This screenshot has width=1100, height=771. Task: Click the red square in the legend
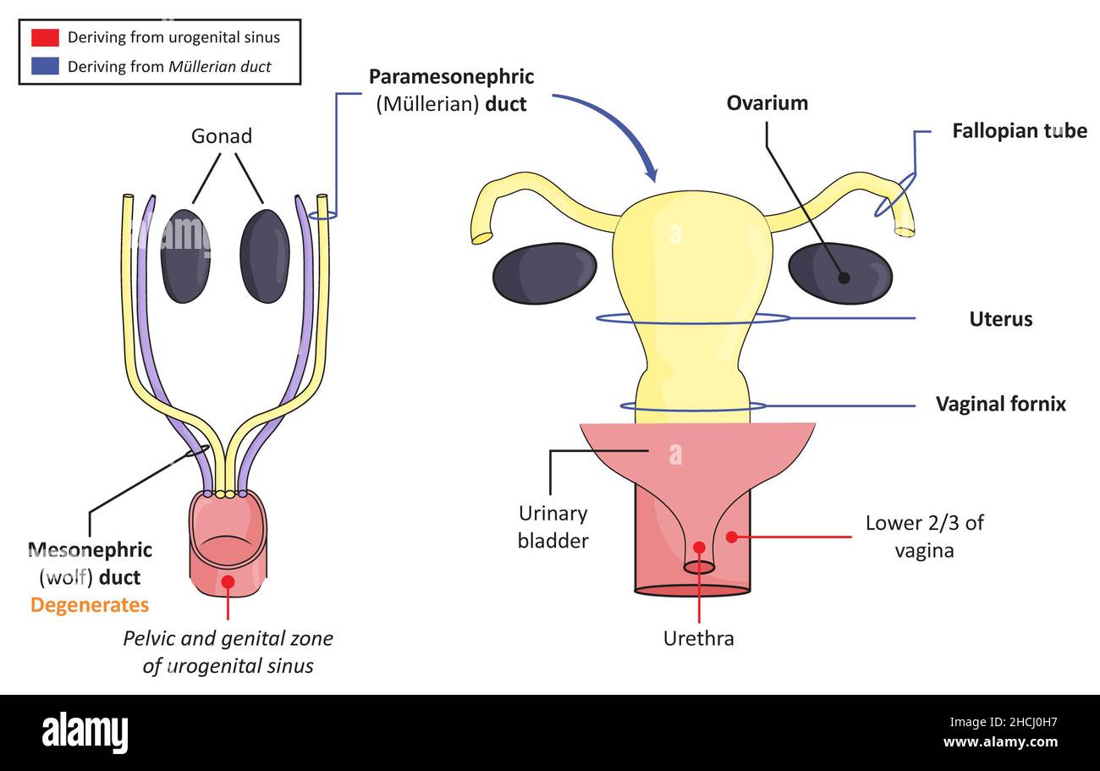point(45,37)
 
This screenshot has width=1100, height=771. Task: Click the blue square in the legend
point(45,66)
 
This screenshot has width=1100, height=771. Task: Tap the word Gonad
point(221,135)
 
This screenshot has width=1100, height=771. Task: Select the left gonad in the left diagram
point(185,256)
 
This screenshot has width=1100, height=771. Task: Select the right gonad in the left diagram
point(265,256)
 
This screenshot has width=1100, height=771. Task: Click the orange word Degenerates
point(90,605)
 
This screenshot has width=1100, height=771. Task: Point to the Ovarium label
point(767,103)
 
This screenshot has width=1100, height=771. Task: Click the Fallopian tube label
point(1019,131)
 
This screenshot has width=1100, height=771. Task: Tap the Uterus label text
point(1000,319)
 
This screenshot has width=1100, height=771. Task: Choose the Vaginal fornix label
point(1000,405)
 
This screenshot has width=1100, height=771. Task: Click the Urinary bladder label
point(553,526)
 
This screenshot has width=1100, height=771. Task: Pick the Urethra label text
point(698,638)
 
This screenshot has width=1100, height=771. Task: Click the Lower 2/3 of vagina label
point(924,536)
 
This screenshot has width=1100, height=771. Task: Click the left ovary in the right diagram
point(544,273)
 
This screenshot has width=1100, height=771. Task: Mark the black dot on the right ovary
point(844,278)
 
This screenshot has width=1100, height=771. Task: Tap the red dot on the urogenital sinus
point(228,581)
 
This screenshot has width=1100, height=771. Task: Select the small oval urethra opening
point(699,568)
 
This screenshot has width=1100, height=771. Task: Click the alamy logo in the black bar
point(85,733)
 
